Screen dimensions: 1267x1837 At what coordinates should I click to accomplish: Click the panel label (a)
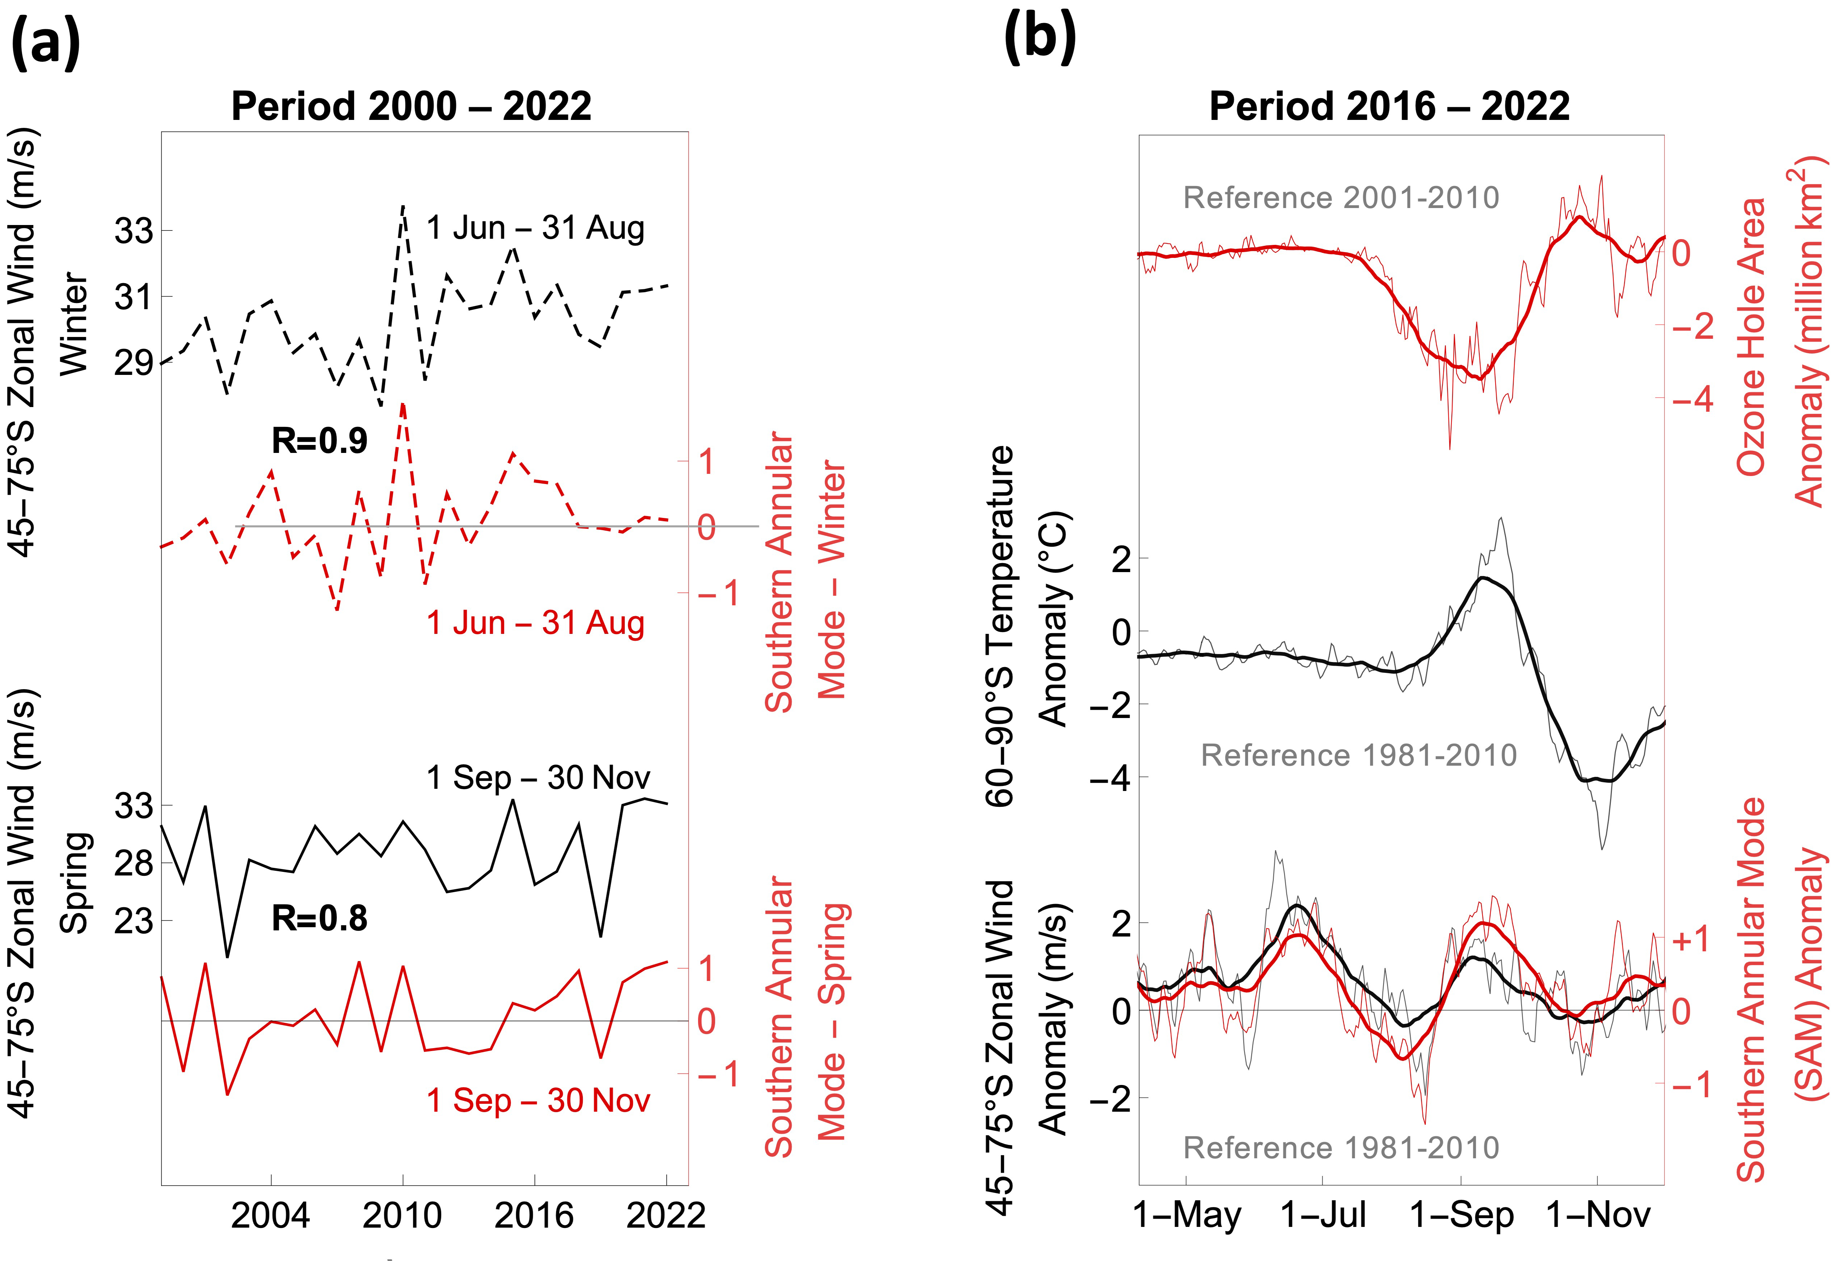coord(46,41)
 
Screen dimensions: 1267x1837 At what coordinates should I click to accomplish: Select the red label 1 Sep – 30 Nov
coord(538,1101)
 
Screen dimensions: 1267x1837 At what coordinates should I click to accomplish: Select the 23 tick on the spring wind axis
coord(133,922)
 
